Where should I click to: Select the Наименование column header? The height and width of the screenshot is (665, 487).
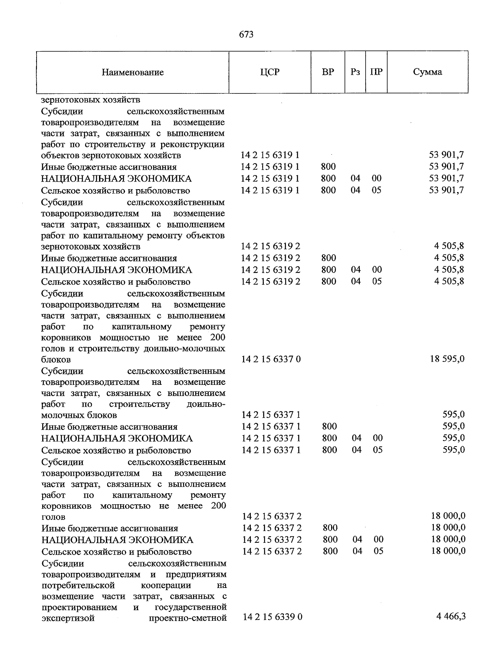(133, 72)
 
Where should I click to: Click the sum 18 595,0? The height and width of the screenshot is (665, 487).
(447, 359)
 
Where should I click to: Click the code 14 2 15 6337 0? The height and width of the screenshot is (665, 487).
(271, 359)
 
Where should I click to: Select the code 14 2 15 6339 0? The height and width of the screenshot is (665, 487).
(273, 617)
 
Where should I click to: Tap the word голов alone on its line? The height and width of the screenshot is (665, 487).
(54, 517)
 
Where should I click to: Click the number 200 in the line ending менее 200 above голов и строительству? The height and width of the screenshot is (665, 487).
(218, 337)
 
